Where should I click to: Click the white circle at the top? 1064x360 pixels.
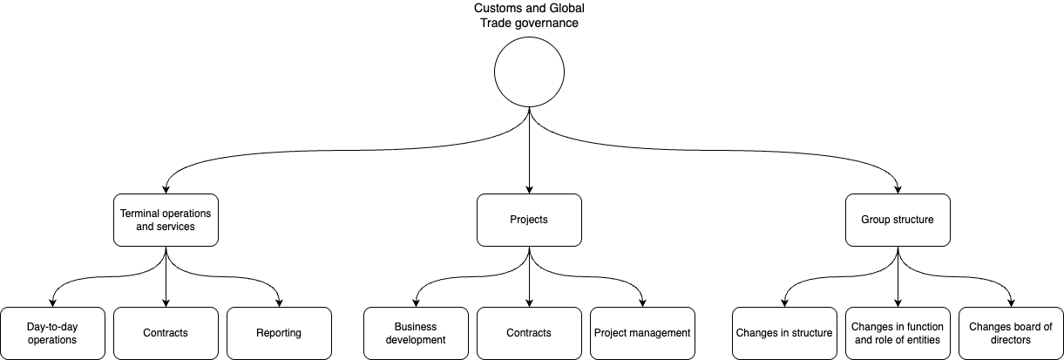[529, 71]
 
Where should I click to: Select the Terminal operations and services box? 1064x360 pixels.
[166, 220]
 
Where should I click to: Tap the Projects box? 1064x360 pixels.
[529, 220]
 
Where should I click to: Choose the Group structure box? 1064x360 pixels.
[898, 220]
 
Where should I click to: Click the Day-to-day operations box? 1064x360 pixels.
[52, 333]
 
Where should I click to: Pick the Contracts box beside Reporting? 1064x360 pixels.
[166, 333]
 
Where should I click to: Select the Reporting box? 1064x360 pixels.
[279, 333]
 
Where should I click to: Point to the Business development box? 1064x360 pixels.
[416, 333]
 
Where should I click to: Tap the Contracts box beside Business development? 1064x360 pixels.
[529, 333]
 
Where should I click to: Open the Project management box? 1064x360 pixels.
[642, 333]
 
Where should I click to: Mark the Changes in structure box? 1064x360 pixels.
[784, 333]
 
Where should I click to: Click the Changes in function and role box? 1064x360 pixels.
[898, 333]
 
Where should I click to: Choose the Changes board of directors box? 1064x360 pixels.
[1011, 333]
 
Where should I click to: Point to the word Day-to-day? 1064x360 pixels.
[52, 327]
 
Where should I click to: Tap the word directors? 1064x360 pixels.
[1011, 340]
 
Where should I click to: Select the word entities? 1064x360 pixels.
[923, 340]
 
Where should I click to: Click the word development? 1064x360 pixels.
[416, 340]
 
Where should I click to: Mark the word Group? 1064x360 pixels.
[875, 220]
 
